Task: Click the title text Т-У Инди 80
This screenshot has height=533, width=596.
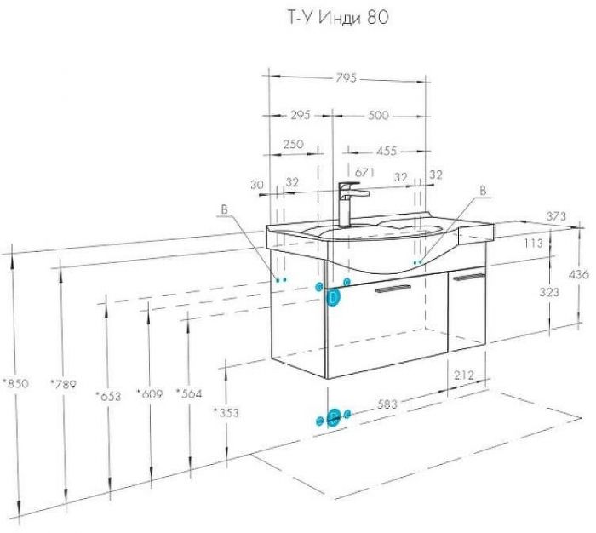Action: click(x=337, y=18)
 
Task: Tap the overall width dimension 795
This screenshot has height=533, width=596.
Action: click(x=347, y=77)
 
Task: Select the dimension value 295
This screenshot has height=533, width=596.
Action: click(x=301, y=114)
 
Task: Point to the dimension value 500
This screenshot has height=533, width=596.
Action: click(x=378, y=115)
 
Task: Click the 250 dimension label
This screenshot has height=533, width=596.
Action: click(x=294, y=144)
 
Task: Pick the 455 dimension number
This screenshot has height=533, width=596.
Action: click(x=387, y=151)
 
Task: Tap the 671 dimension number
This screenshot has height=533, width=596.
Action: click(x=365, y=172)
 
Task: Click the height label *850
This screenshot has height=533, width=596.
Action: click(x=15, y=383)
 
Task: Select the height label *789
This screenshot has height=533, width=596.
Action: click(x=64, y=384)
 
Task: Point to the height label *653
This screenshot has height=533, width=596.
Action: click(x=108, y=396)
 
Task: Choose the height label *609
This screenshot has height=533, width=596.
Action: click(x=150, y=394)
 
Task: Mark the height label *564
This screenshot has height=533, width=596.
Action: click(x=189, y=393)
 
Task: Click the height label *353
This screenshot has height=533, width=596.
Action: click(x=226, y=412)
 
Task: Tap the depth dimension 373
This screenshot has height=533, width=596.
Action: click(x=556, y=216)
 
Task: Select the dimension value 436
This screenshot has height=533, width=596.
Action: click(x=579, y=273)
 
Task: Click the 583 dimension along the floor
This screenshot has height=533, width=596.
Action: click(x=387, y=404)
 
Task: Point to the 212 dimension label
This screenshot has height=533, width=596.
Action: click(x=464, y=375)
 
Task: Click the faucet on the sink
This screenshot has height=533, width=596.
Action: click(x=352, y=203)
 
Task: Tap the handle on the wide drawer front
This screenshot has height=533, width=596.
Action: click(x=393, y=288)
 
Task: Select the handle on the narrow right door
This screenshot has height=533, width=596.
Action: click(x=470, y=277)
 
